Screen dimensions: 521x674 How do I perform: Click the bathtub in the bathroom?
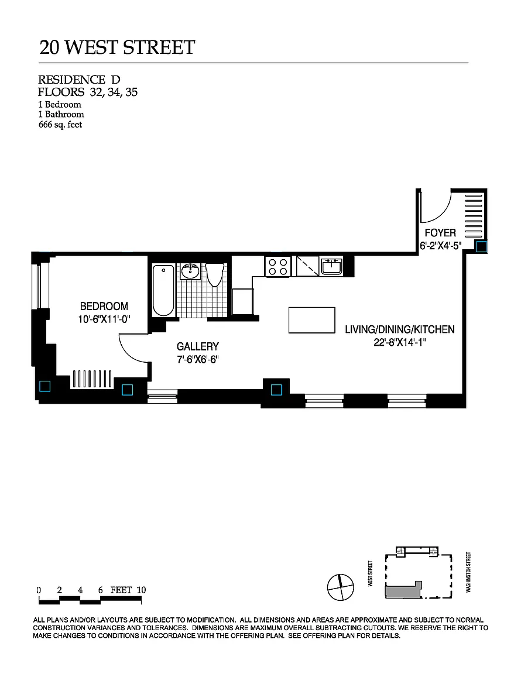tap(163, 291)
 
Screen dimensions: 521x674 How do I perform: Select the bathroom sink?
tap(190, 271)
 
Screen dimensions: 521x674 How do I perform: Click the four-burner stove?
tap(278, 266)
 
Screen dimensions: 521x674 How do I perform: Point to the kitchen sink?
tap(331, 266)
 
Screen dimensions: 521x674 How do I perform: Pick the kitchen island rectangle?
tap(312, 320)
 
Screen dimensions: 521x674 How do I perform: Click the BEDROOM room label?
tap(104, 307)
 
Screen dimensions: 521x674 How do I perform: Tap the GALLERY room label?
tap(198, 346)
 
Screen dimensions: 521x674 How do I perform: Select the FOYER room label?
tap(440, 233)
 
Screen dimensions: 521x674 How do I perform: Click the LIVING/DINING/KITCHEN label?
tap(400, 330)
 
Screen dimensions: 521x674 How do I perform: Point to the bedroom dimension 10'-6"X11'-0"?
tap(104, 319)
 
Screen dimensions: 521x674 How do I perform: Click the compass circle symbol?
tap(340, 587)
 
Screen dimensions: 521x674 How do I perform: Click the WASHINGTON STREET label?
tap(468, 572)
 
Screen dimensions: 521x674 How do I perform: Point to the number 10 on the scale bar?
tap(141, 590)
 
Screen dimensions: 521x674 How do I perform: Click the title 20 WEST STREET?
tap(118, 47)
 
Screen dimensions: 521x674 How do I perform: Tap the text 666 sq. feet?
tap(60, 125)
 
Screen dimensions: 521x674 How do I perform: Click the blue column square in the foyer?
tap(481, 247)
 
